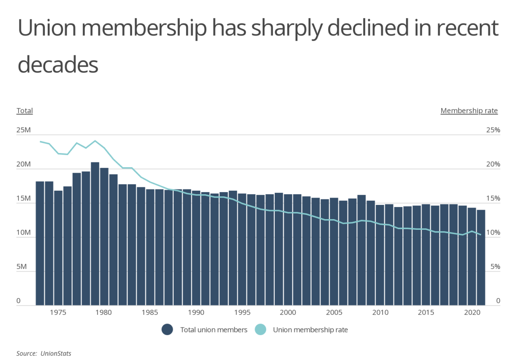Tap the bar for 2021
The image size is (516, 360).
[x=481, y=257]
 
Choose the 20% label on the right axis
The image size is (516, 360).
[x=493, y=165]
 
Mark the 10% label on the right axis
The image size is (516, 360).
[x=493, y=233]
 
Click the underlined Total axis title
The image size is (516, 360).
[x=25, y=111]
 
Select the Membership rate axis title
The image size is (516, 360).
[x=469, y=111]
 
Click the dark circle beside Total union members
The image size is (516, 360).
[x=167, y=330]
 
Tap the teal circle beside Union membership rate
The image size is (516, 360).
[x=261, y=330]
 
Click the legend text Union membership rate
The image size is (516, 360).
[x=310, y=330]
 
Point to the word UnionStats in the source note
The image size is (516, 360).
[x=56, y=354]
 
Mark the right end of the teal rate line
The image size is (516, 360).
[x=481, y=235]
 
